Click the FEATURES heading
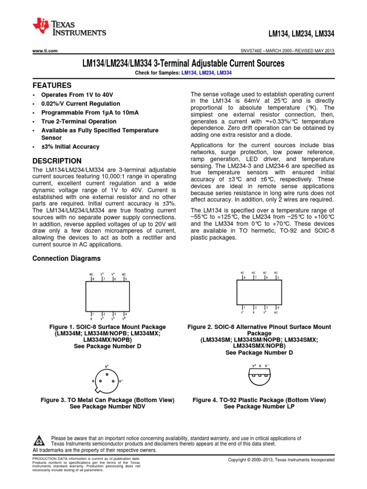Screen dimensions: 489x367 pyautogui.click(x=52, y=85)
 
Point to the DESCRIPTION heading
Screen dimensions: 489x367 pyautogui.click(x=56, y=161)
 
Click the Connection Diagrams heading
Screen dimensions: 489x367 pyautogui.click(x=66, y=258)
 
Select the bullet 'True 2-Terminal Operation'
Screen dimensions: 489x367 pyautogui.click(x=79, y=121)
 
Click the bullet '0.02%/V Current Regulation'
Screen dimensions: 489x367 pyautogui.click(x=80, y=104)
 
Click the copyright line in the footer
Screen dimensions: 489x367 pyautogui.click(x=281, y=459)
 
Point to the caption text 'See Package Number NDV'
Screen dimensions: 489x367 pyautogui.click(x=108, y=406)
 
